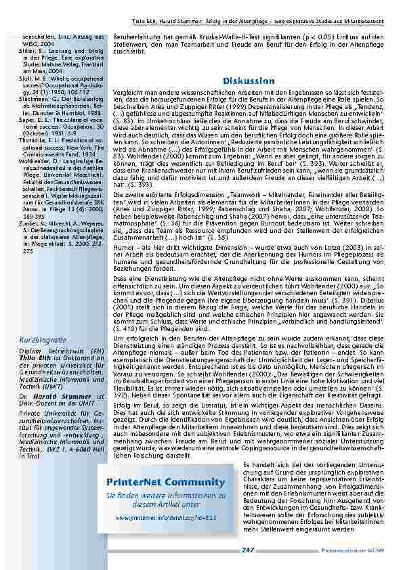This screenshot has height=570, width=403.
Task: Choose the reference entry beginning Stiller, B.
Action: pyautogui.click(x=54, y=50)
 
